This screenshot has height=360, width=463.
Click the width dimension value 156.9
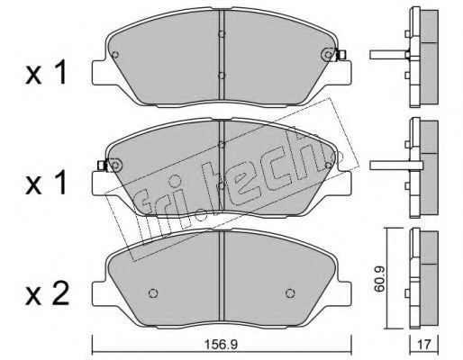(221, 345)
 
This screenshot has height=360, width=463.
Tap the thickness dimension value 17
(424, 345)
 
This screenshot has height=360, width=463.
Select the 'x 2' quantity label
(48, 293)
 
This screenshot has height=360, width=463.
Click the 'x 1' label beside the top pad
(46, 73)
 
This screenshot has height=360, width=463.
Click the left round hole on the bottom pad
(153, 293)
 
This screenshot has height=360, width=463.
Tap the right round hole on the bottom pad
(290, 293)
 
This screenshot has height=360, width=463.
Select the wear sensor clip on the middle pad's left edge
(103, 165)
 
